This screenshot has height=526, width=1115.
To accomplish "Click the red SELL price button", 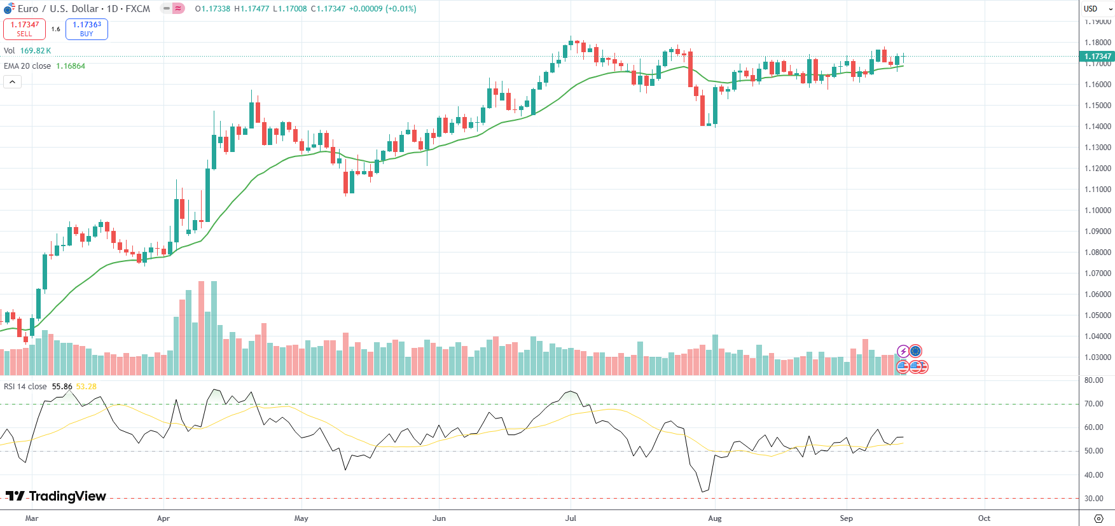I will coord(24,29).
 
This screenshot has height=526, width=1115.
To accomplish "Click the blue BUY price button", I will coord(87,29).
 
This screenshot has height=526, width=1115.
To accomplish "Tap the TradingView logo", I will coord(56,496).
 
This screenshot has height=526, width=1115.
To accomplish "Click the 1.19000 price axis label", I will coord(1098,22).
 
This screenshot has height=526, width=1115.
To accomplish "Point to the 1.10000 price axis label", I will coord(1098,211).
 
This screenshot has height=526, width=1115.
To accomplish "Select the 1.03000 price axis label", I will coord(1098,357).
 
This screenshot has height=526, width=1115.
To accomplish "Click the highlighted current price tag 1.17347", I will coord(1098,57).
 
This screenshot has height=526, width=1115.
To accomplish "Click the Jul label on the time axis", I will coord(571,518).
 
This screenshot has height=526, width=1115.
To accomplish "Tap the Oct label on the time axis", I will coord(984,518).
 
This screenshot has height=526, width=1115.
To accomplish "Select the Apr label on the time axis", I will coord(163,518).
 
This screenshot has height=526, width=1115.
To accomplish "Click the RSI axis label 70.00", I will coord(1094,404).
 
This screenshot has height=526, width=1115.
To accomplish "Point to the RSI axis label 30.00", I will coord(1094,499).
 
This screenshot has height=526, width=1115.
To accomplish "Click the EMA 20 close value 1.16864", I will coord(71,66).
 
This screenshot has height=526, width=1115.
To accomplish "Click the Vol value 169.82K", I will coord(36,51).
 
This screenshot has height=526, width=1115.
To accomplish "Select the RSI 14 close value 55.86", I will coord(62,387).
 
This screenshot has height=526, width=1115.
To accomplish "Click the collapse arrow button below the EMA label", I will coord(12,81).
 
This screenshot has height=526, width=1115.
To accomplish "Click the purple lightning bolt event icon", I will coord(903,351).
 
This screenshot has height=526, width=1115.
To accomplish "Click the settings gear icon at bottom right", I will coord(1098,518).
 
